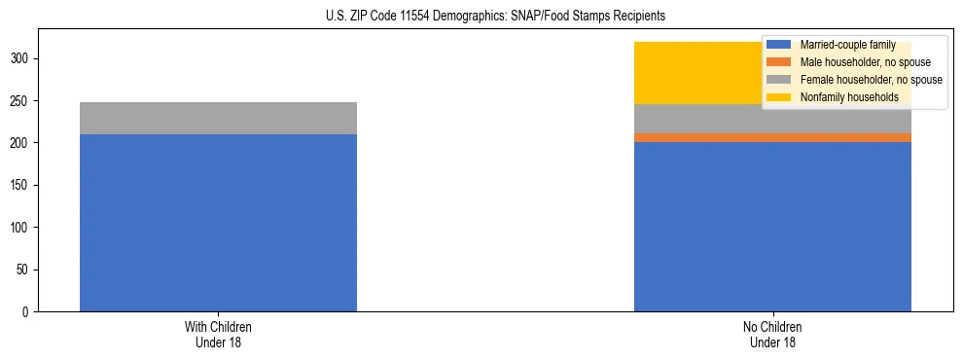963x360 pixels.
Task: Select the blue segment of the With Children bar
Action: (218, 223)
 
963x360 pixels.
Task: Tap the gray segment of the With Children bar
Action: (218, 118)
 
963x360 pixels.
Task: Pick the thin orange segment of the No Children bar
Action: (772, 138)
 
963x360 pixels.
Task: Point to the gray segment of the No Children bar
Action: (772, 119)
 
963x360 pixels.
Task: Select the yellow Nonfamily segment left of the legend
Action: (695, 73)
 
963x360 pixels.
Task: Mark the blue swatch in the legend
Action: (778, 45)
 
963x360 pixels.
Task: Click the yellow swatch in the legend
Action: (778, 97)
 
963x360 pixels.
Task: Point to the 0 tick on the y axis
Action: (28, 312)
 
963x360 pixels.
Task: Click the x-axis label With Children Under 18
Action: (218, 334)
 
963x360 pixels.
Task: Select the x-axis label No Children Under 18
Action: (772, 334)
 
